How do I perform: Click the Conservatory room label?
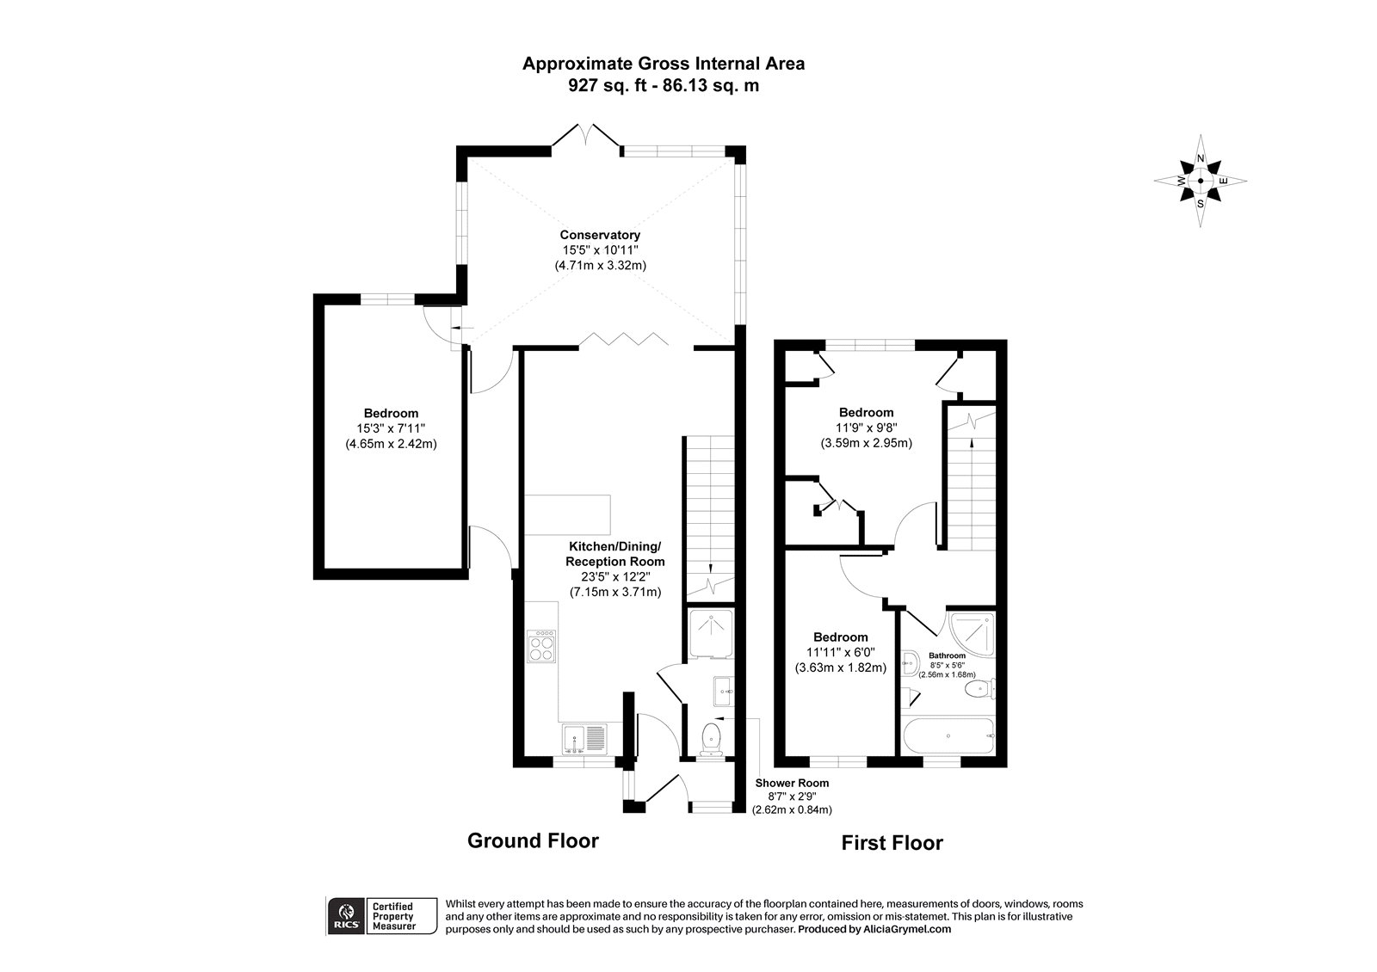pyautogui.click(x=600, y=235)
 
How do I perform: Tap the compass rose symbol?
pyautogui.click(x=1201, y=181)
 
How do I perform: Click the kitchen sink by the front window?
pyautogui.click(x=584, y=739)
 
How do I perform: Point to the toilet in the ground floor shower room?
pyautogui.click(x=711, y=737)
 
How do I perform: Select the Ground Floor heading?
pyautogui.click(x=532, y=840)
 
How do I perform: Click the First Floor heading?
pyautogui.click(x=892, y=843)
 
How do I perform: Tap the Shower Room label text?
pyautogui.click(x=792, y=783)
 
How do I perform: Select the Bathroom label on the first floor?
pyautogui.click(x=947, y=655)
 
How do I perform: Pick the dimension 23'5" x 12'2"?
pyautogui.click(x=614, y=576)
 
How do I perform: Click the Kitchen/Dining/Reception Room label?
pyautogui.click(x=614, y=554)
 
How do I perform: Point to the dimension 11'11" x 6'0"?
pyautogui.click(x=840, y=651)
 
